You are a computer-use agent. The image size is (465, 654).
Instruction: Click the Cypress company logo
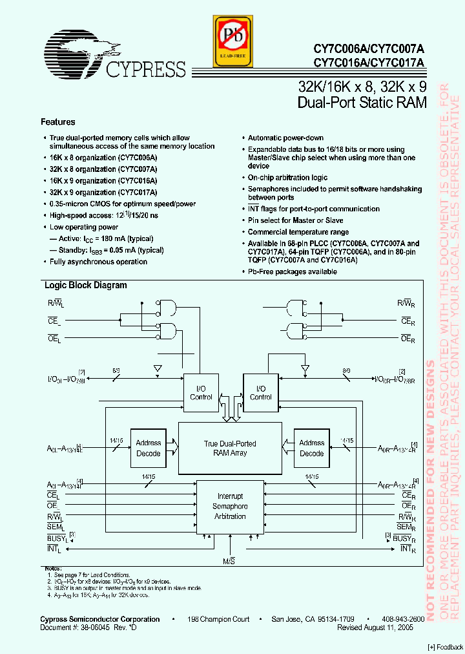(x=114, y=58)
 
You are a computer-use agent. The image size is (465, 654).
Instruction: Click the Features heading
(x=58, y=122)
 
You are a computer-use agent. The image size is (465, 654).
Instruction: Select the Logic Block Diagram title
(x=85, y=286)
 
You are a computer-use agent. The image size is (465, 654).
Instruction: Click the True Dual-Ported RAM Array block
(x=230, y=448)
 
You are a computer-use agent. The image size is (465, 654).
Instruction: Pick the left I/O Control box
(x=201, y=393)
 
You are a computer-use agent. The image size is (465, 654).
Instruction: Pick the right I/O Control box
(x=260, y=393)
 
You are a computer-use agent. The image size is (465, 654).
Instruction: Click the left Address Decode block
(x=149, y=448)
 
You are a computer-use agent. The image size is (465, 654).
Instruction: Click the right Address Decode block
(x=311, y=448)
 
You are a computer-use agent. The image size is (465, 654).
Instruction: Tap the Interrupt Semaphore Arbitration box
(x=230, y=507)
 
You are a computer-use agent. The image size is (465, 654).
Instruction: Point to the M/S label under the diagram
(x=229, y=562)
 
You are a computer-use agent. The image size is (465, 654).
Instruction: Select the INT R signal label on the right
(x=407, y=549)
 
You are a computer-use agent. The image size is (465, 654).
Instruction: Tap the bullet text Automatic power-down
(x=285, y=138)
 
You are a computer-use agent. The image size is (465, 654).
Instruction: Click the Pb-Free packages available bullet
(x=293, y=271)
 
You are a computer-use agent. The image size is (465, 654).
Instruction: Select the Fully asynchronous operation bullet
(x=98, y=262)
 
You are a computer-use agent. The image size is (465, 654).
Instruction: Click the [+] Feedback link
(x=445, y=648)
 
